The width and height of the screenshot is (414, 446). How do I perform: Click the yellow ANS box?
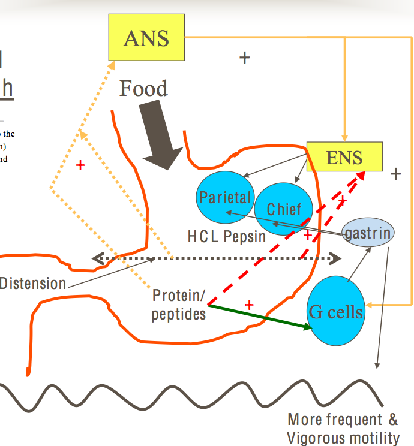(146, 38)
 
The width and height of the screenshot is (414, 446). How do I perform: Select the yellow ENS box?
(344, 157)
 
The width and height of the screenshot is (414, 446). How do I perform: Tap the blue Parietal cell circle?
(225, 197)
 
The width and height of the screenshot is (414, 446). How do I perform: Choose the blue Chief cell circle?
(284, 209)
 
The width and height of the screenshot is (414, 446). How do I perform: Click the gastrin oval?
(368, 233)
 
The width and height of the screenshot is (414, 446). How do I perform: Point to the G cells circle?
(335, 311)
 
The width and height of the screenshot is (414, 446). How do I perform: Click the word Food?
(143, 89)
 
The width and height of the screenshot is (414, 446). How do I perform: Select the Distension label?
(33, 284)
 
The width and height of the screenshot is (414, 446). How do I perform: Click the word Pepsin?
(245, 236)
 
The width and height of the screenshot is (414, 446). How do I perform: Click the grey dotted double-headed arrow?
(216, 259)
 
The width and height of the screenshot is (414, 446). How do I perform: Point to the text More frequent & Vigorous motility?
(343, 428)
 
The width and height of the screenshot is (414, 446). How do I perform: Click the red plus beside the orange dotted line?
(80, 165)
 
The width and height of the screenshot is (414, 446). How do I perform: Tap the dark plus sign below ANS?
(244, 58)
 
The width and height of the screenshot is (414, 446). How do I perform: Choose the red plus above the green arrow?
(250, 305)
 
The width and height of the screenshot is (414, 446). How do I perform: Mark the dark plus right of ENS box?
(395, 174)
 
